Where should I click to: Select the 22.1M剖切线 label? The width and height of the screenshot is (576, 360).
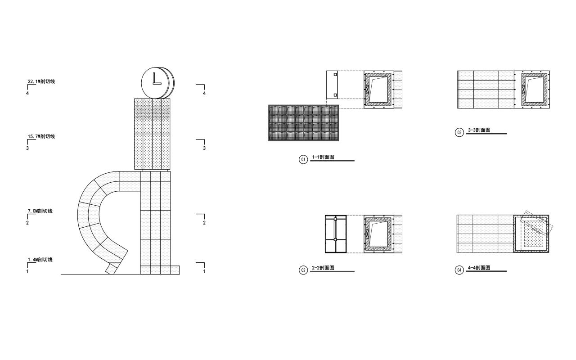pyautogui.click(x=41, y=81)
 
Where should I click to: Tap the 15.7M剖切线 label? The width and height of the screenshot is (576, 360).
pyautogui.click(x=41, y=136)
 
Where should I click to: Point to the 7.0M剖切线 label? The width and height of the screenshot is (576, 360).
pyautogui.click(x=40, y=211)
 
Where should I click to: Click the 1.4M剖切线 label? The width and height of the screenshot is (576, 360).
pyautogui.click(x=40, y=260)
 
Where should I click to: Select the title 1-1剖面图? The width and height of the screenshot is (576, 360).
pyautogui.click(x=323, y=157)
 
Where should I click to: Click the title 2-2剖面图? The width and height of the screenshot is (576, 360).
pyautogui.click(x=323, y=268)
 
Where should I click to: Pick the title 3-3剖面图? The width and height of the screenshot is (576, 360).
pyautogui.click(x=479, y=130)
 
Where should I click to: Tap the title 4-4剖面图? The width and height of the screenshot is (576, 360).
pyautogui.click(x=479, y=268)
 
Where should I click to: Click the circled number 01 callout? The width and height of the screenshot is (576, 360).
pyautogui.click(x=303, y=159)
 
